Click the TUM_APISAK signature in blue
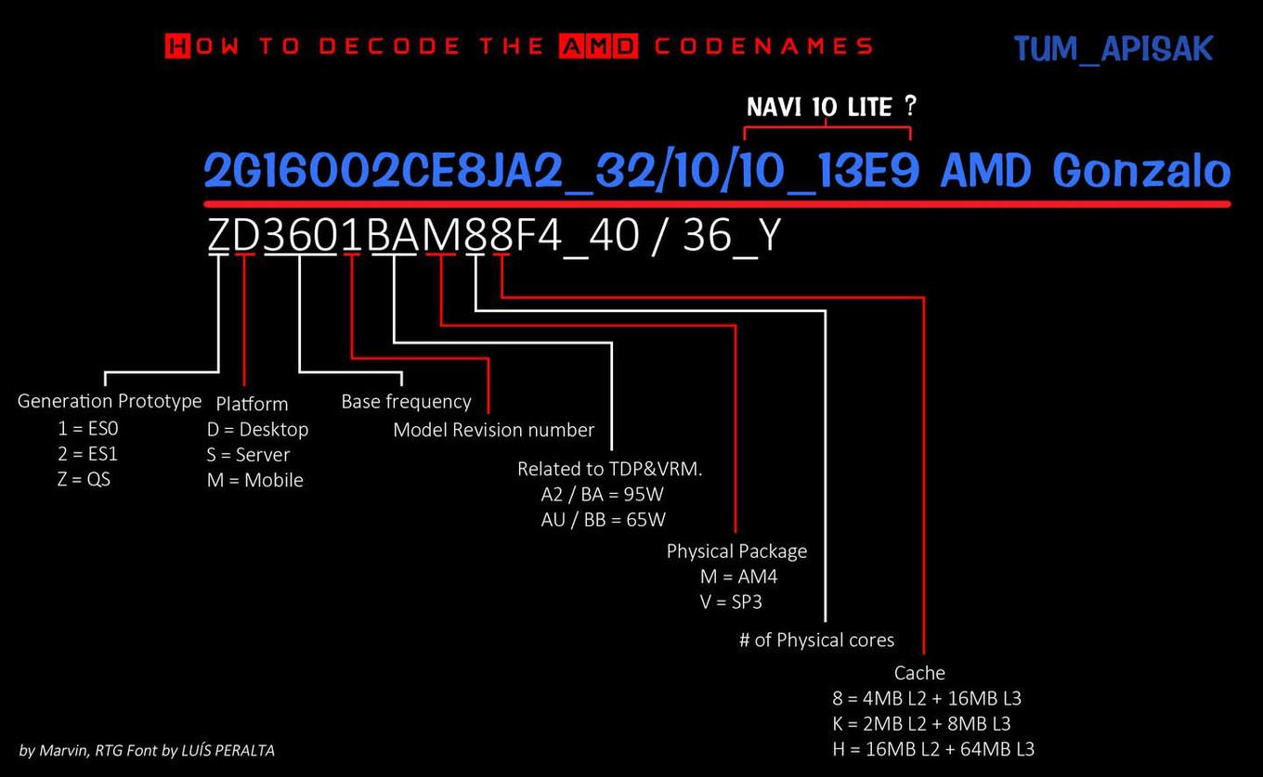coord(1113,49)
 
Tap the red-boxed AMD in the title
coord(598,45)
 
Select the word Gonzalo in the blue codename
coord(1141,170)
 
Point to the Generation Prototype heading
coord(110,401)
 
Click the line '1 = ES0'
coord(88,428)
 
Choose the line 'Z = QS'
coord(84,479)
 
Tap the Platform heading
coord(252,404)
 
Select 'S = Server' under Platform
coord(248,454)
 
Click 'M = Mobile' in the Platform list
coord(254,480)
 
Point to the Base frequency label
coord(406,401)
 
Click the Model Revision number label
coord(493,430)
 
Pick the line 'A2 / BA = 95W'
coord(602,494)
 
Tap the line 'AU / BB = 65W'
coord(603,520)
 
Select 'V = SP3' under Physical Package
coord(731,602)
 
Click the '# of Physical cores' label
coord(816,640)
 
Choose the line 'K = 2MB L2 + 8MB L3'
coord(921,723)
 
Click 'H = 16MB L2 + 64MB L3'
coord(933,749)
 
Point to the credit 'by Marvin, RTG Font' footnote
coord(147,750)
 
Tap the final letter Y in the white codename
coord(770,235)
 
